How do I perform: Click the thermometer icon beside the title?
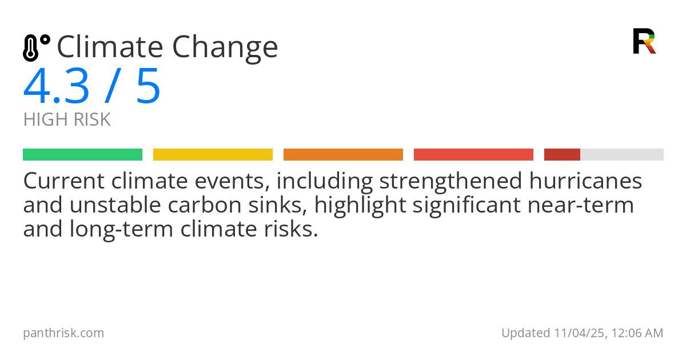(x=35, y=48)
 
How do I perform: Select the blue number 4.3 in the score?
(x=57, y=87)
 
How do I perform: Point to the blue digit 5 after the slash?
(x=148, y=87)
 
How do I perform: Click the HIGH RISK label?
(x=67, y=120)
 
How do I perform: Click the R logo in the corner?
(x=644, y=41)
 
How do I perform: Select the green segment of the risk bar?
(x=82, y=155)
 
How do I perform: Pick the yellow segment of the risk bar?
(x=213, y=155)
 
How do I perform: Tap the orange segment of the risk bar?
(x=343, y=155)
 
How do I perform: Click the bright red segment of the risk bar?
(x=473, y=155)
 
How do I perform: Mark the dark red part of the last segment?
(x=562, y=155)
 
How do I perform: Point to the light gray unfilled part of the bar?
(x=622, y=155)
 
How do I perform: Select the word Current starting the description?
(x=63, y=181)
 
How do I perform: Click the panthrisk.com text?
(x=63, y=333)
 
